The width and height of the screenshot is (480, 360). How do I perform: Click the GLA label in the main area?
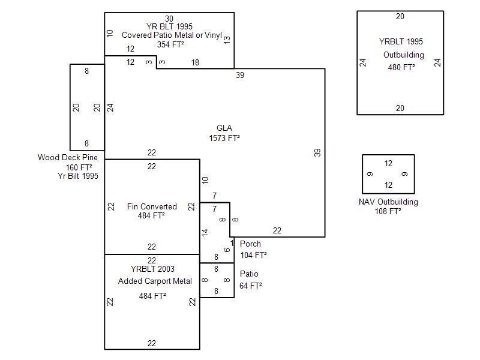click(224, 128)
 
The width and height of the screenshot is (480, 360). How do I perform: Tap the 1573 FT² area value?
click(224, 138)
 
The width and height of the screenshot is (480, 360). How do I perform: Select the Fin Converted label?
click(152, 207)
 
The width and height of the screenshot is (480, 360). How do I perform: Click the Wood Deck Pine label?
click(68, 158)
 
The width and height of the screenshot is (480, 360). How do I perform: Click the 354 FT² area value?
click(170, 44)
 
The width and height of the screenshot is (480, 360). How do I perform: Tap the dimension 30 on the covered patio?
click(169, 19)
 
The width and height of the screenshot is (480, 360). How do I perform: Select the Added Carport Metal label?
click(155, 281)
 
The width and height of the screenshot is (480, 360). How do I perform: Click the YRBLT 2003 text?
click(152, 269)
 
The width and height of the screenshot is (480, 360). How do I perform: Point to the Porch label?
click(250, 244)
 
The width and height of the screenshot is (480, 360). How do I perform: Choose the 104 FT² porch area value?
click(253, 254)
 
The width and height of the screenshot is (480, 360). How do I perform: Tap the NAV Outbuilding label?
click(388, 202)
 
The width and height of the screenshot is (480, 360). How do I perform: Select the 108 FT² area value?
click(388, 211)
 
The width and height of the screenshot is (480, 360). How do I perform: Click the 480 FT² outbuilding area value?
click(401, 67)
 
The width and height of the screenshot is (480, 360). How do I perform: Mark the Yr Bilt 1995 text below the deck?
click(78, 176)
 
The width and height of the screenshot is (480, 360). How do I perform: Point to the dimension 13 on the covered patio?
click(227, 40)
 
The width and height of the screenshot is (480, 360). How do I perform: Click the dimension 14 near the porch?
click(205, 232)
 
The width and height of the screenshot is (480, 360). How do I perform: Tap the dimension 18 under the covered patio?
click(195, 62)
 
